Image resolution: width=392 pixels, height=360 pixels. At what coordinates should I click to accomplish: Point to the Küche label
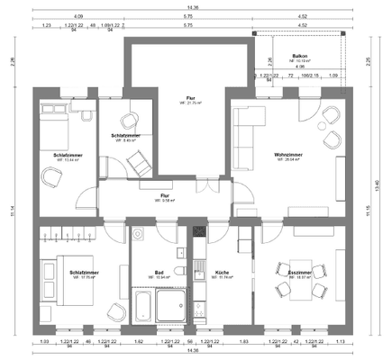(222, 271)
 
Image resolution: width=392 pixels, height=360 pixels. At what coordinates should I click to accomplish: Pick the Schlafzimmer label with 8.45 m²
(126, 136)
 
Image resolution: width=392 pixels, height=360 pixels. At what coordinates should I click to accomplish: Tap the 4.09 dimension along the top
(78, 16)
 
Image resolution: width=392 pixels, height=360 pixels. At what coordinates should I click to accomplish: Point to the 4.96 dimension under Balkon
(298, 66)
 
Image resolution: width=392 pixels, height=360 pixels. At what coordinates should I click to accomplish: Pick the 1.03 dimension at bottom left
(43, 343)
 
